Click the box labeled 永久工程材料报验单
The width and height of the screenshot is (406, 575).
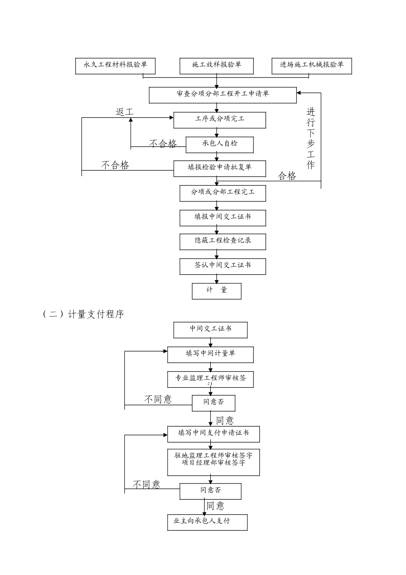click(115, 65)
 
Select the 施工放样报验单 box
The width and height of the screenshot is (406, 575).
click(217, 65)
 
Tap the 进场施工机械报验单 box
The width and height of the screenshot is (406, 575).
click(312, 65)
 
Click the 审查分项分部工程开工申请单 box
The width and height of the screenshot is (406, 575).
click(222, 95)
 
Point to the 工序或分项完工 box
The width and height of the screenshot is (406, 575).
click(220, 119)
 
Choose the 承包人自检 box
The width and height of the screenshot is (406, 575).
click(220, 144)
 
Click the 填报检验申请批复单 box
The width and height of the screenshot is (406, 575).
click(220, 168)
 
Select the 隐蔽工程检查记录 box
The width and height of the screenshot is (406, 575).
click(223, 241)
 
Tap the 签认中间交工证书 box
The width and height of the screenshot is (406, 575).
click(223, 266)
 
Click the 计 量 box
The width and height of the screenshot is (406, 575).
click(217, 290)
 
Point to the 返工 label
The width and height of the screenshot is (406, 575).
click(124, 112)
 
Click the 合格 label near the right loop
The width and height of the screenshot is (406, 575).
click(287, 176)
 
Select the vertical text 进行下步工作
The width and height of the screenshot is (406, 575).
click(311, 138)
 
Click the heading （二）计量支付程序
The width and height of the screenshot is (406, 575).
click(84, 314)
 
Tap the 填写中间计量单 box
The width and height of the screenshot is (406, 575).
click(210, 354)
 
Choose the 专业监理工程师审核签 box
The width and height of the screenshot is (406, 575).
click(210, 379)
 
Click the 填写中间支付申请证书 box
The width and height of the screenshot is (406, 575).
click(213, 433)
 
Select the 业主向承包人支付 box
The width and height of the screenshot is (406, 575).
click(207, 522)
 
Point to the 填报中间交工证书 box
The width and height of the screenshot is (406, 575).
click(223, 217)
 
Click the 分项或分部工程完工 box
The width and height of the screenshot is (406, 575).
click(223, 193)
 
